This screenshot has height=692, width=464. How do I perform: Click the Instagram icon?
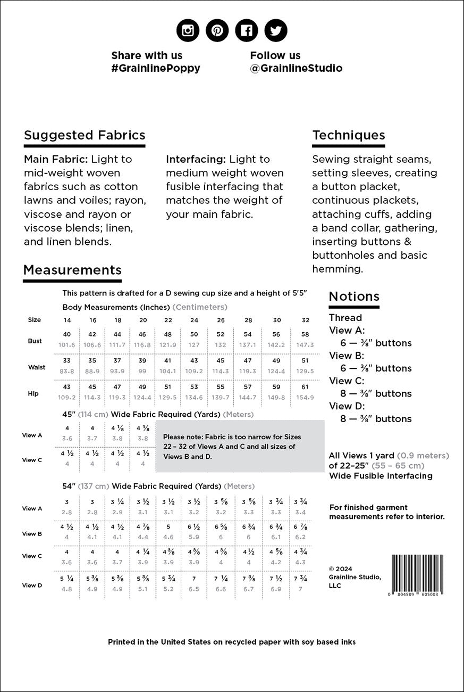point(188,31)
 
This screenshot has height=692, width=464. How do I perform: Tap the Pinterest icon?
point(217,31)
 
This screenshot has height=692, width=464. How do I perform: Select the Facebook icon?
point(246,31)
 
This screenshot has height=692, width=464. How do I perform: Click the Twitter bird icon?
point(275,31)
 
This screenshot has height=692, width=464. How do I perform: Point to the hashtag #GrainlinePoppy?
point(156,68)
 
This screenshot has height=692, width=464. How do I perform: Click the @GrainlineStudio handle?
point(296,68)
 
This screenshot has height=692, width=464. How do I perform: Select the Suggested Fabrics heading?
point(85,135)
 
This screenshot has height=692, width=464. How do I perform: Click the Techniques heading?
point(349,135)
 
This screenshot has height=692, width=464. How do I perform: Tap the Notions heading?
point(354,296)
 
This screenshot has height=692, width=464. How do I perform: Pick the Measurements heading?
point(72,270)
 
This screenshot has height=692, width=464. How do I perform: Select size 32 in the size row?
point(305,320)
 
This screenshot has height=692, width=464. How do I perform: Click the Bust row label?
point(35,341)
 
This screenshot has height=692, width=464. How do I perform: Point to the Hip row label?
point(33,393)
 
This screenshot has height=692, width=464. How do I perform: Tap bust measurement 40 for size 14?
point(67,334)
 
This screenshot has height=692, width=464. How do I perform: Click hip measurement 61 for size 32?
point(305,387)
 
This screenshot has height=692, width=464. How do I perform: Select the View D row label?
point(32,585)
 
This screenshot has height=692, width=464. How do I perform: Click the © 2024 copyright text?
point(340,569)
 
